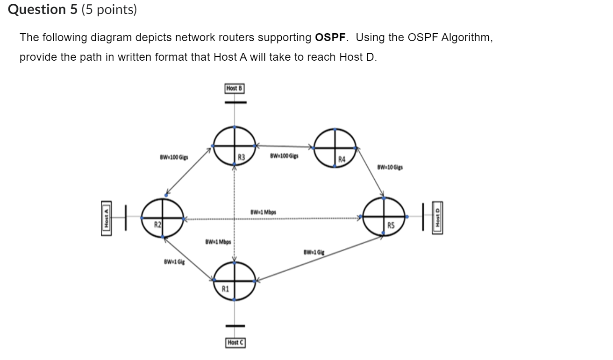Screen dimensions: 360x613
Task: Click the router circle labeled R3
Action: (x=235, y=146)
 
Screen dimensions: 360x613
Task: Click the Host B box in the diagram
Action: (x=235, y=88)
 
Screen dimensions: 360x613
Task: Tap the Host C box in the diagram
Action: (x=235, y=343)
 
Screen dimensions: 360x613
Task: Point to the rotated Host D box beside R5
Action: (x=438, y=217)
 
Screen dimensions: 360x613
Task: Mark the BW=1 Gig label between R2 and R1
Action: (x=174, y=262)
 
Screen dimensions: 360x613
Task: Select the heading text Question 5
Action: (x=43, y=10)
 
